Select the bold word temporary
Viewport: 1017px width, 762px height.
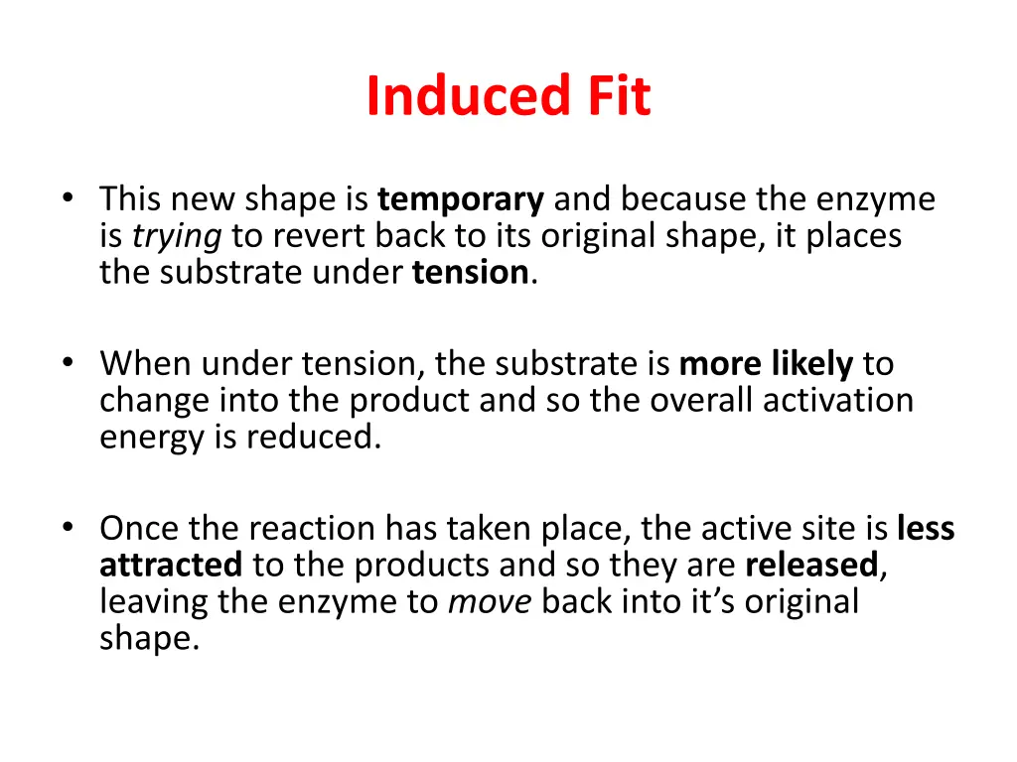coord(461,201)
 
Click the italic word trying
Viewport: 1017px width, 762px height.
coord(165,237)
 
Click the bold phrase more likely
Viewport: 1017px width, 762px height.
coord(766,365)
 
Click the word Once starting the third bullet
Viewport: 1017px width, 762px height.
coord(136,529)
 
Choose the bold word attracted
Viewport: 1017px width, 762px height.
coord(171,565)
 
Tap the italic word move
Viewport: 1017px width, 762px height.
coord(491,601)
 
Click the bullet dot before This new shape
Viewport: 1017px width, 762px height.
coord(67,198)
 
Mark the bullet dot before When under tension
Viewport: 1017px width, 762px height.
coord(67,362)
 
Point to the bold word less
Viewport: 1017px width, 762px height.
coord(926,529)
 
